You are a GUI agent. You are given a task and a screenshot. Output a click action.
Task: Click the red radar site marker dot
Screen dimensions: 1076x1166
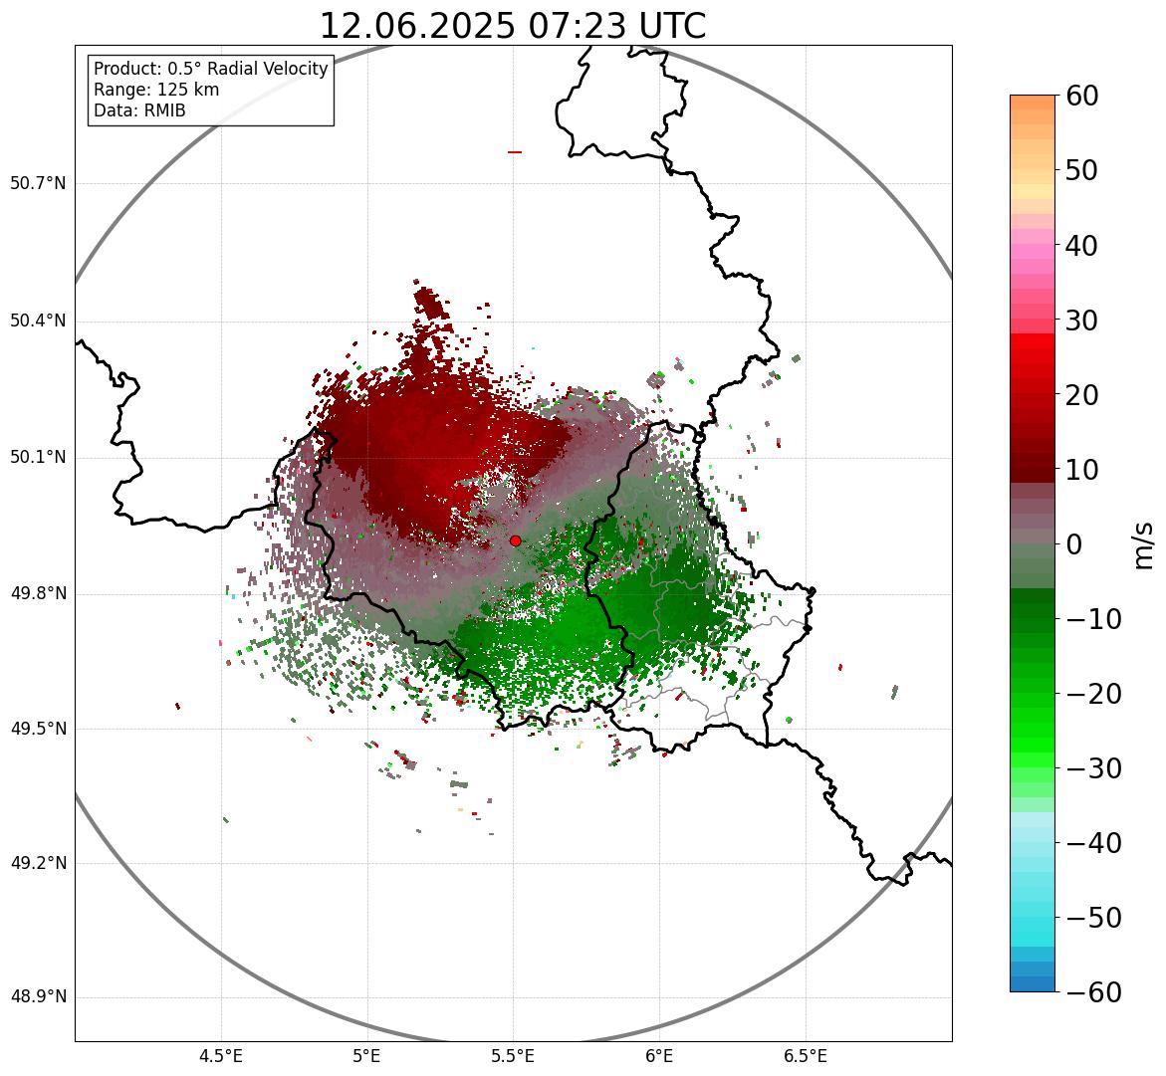point(515,540)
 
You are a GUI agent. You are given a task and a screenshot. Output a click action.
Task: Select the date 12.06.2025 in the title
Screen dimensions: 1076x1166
point(417,26)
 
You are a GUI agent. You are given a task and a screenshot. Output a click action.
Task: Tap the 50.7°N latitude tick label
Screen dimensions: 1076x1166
point(38,183)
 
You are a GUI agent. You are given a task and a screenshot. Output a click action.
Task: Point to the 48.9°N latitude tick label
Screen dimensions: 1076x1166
point(38,997)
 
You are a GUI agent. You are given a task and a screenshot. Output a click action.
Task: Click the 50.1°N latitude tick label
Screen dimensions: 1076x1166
point(38,458)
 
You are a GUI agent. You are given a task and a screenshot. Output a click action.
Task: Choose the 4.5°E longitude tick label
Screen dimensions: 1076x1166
point(221,1056)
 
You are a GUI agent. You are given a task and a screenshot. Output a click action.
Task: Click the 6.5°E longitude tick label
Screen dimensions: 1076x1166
point(805,1056)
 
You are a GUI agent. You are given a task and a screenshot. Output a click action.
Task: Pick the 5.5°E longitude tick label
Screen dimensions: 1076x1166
point(513,1056)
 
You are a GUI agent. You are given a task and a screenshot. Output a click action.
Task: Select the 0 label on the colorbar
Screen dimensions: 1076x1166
point(1074,544)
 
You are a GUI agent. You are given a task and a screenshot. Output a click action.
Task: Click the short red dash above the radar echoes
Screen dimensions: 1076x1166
point(515,152)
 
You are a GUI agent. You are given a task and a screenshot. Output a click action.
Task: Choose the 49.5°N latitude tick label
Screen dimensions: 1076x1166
point(38,729)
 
